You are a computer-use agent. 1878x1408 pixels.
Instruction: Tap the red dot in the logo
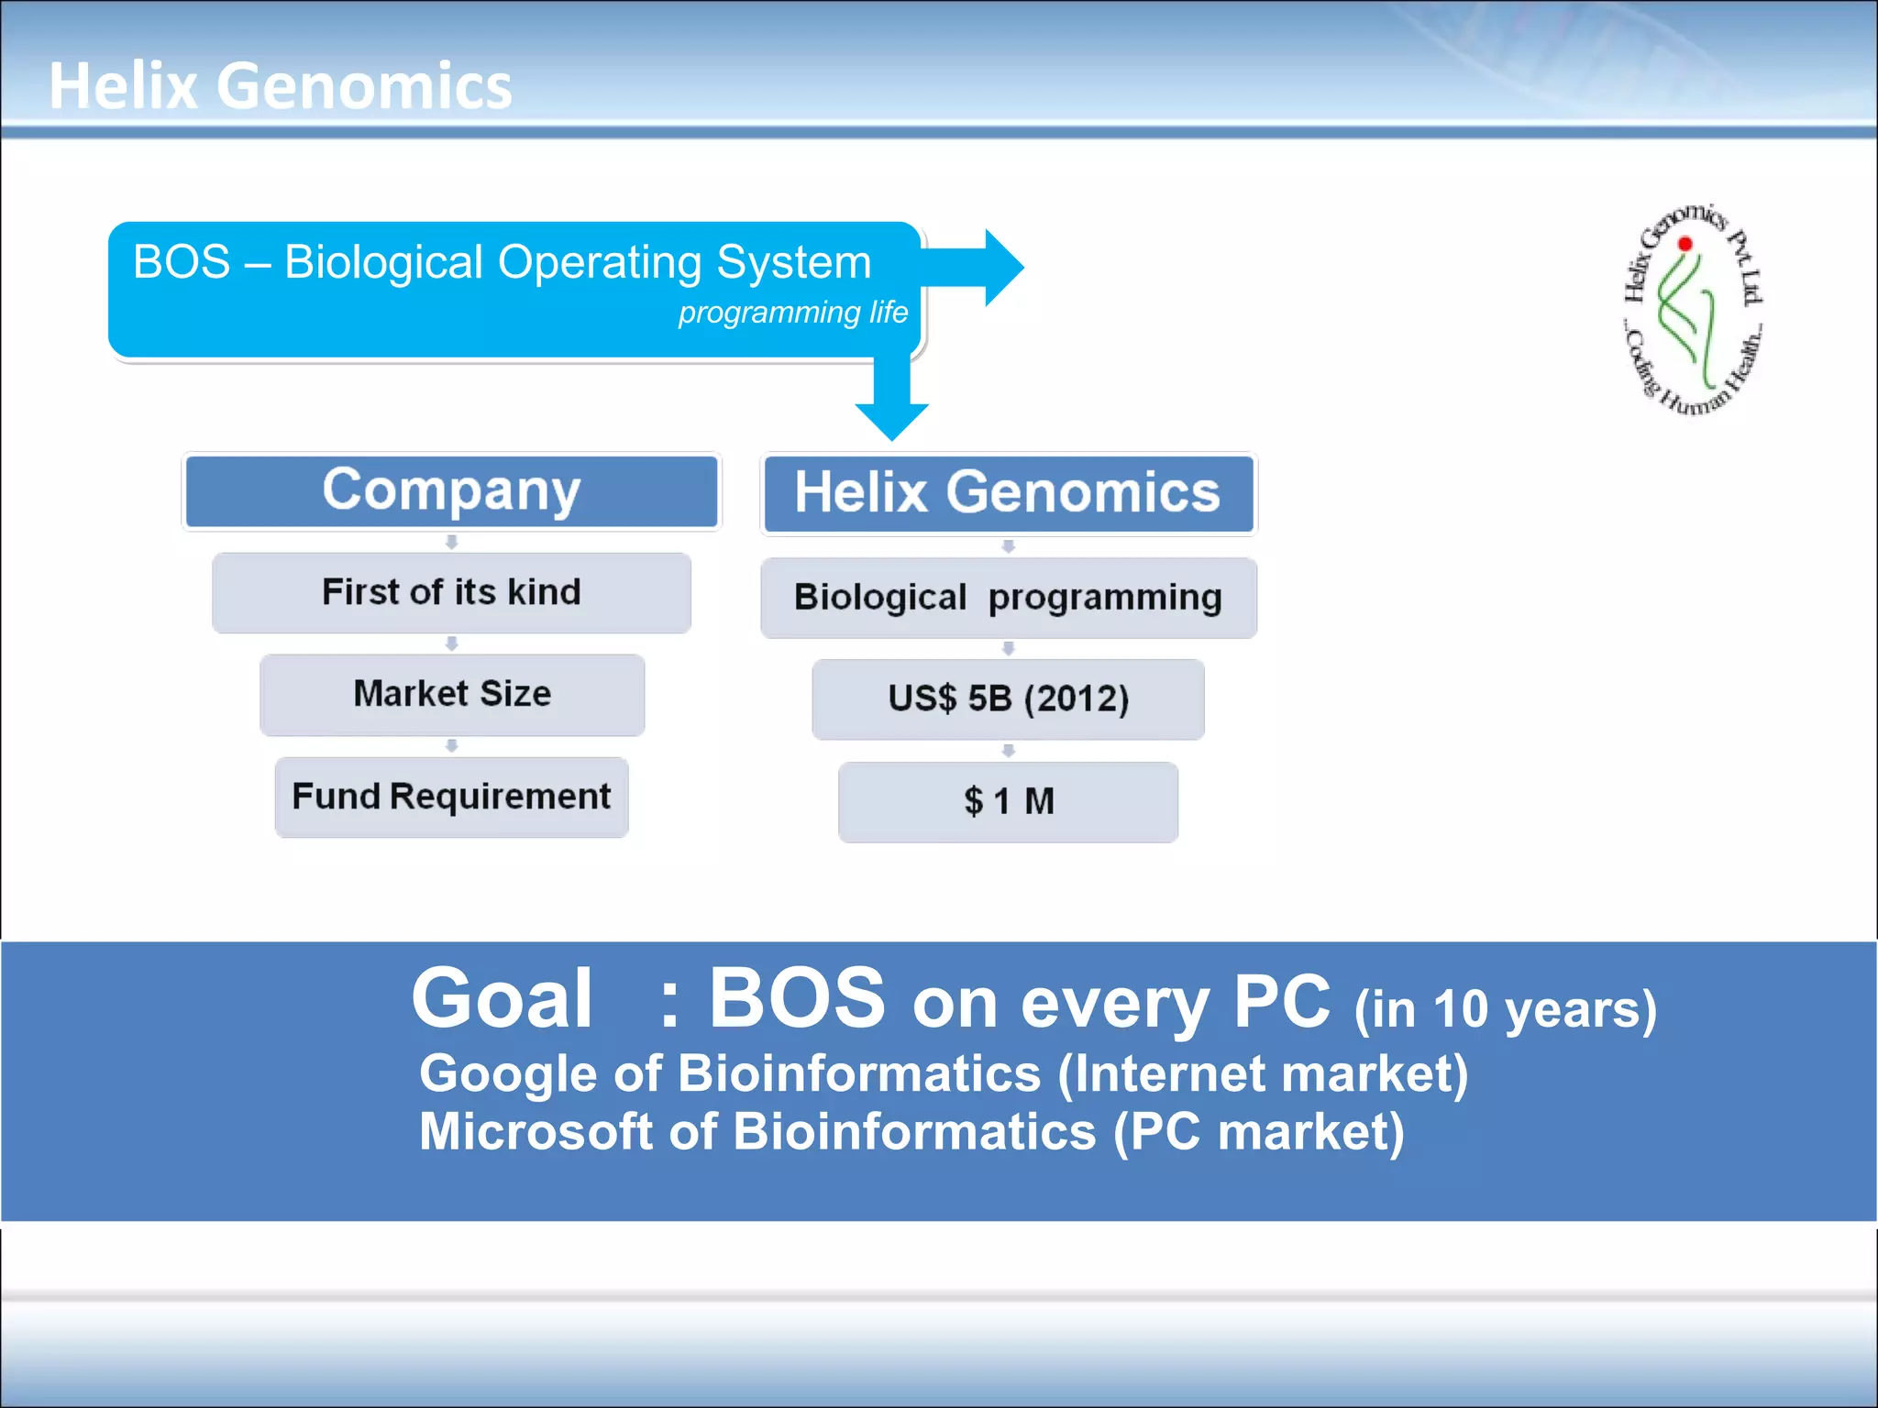(x=1685, y=244)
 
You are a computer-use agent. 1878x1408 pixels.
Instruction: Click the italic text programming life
(x=792, y=313)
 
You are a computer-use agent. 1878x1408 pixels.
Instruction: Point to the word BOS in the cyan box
(x=182, y=262)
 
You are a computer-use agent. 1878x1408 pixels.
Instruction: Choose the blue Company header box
(x=451, y=491)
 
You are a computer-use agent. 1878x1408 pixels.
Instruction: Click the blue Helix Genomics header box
(x=1008, y=493)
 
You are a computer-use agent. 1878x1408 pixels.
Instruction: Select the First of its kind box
(x=451, y=592)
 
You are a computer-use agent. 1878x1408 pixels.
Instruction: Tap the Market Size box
(x=452, y=694)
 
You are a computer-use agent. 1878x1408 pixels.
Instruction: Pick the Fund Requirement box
(x=451, y=797)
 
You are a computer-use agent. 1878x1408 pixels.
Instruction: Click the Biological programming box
(x=1008, y=598)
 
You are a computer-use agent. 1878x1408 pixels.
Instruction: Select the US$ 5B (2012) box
(x=1008, y=699)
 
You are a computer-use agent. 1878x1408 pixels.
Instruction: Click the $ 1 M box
(x=1008, y=801)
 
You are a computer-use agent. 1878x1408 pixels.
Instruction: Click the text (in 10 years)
(x=1506, y=1009)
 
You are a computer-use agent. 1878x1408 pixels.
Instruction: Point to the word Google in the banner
(x=508, y=1073)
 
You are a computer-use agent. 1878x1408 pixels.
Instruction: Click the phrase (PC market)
(x=1258, y=1131)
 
